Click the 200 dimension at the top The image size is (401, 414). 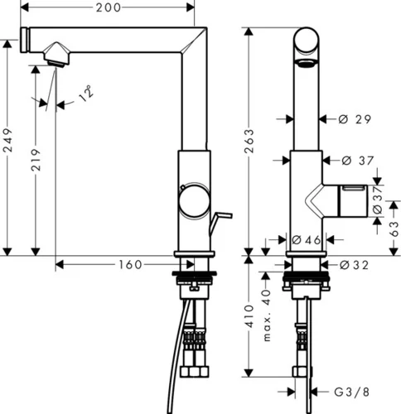coord(109,7)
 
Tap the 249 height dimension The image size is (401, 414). coord(7,140)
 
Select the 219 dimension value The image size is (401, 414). coord(36,160)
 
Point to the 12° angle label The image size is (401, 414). coord(86,93)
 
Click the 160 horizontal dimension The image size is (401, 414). coord(130,265)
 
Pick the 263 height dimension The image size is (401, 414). coord(249,141)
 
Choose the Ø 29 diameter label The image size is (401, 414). coord(355,119)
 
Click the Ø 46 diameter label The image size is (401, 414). coord(306,240)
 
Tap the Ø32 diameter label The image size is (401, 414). coord(354,265)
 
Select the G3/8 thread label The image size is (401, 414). coord(351,392)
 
